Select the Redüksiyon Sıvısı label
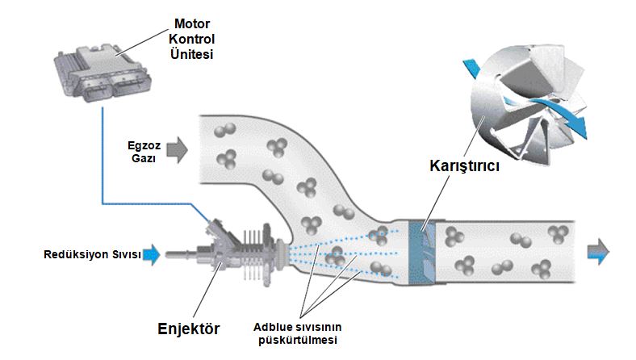tap(92, 256)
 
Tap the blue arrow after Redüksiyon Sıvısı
tap(154, 256)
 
